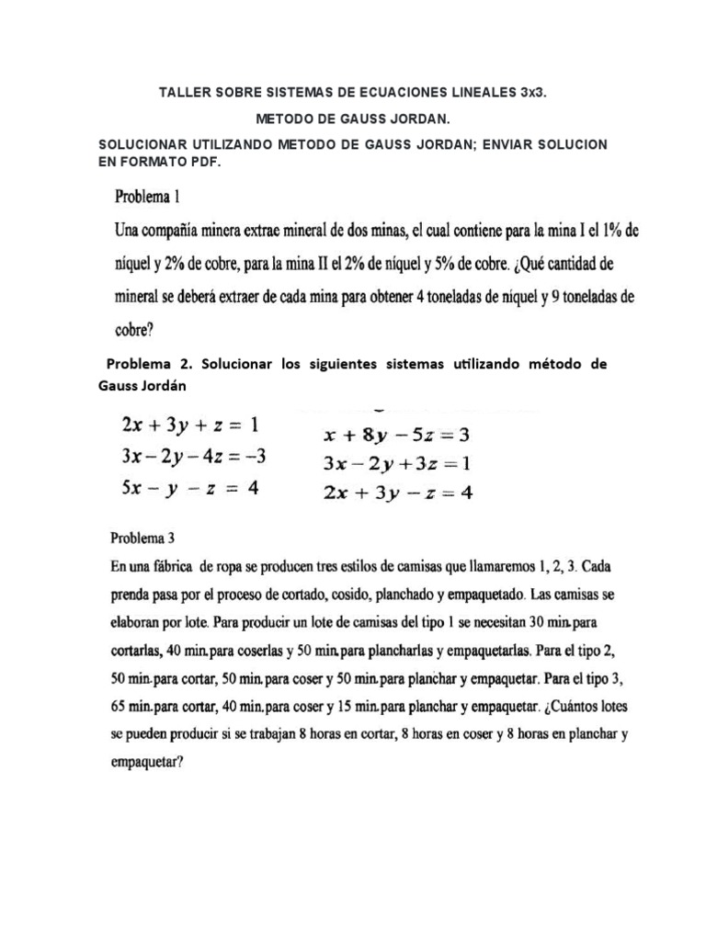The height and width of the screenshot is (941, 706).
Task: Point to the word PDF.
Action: pos(204,162)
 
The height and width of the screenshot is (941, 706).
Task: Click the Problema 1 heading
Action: pos(152,197)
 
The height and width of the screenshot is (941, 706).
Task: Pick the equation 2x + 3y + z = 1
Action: pos(190,425)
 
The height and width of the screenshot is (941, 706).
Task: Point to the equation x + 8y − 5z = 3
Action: pos(396,435)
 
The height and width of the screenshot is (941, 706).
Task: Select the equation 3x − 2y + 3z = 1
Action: pos(396,462)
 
